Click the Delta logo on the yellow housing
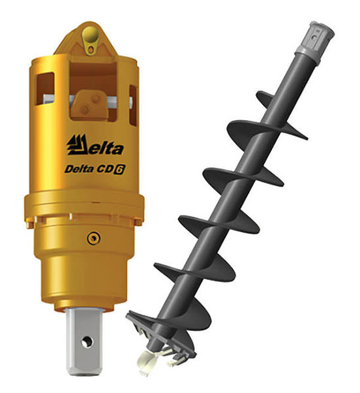[95, 145]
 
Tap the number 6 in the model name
[119, 170]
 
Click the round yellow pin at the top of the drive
[91, 35]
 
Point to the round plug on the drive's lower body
[94, 238]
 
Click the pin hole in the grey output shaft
[87, 342]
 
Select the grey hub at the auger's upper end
[315, 40]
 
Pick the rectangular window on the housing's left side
[45, 89]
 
